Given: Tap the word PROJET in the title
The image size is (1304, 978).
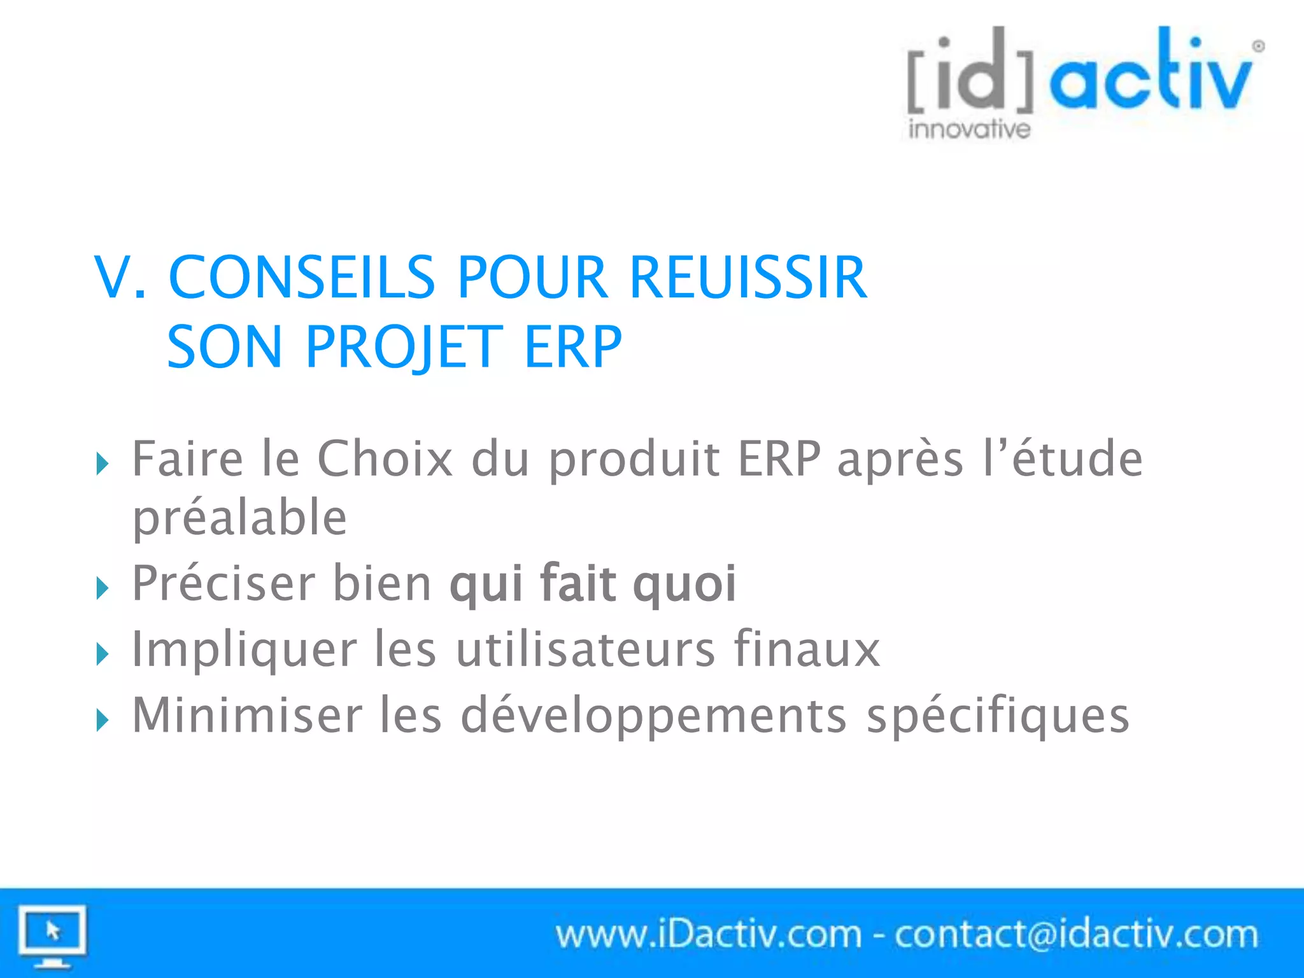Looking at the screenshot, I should pos(404,347).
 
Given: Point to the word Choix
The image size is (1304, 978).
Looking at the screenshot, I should pos(385,458).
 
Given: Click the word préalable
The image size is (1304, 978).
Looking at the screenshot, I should pos(239,517).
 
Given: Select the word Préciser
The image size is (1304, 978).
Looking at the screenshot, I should pos(223,583).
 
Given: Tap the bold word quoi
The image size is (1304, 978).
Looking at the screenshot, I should pos(684,583).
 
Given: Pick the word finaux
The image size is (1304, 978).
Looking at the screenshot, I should pos(807,649).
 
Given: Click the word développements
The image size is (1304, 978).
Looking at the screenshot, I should pos(653,716).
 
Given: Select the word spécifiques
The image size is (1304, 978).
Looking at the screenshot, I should pos(998,716).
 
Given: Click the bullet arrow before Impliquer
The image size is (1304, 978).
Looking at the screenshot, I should pos(103,654).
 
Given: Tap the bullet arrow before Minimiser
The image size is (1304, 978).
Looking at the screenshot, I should pos(103,720).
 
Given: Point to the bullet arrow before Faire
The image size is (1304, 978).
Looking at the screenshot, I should pos(103,463).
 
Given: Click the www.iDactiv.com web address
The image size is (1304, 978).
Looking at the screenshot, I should pos(708,935).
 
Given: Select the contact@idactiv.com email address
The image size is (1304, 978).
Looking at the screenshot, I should pos(1076,935).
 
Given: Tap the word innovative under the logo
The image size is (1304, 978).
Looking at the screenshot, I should pos(969,129).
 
